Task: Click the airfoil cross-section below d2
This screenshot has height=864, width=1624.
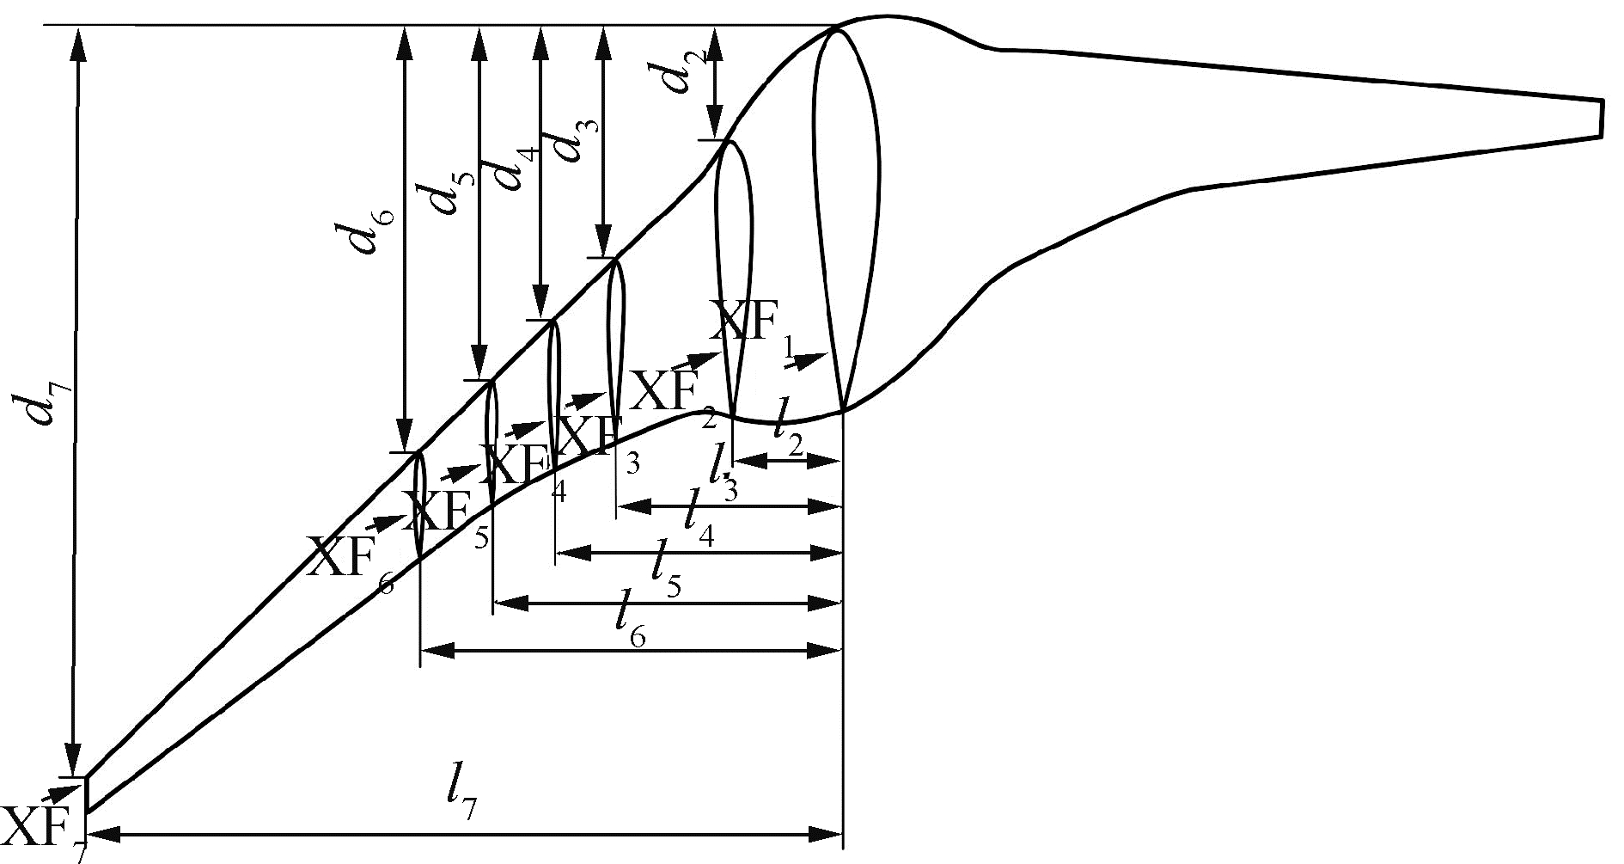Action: [733, 275]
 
